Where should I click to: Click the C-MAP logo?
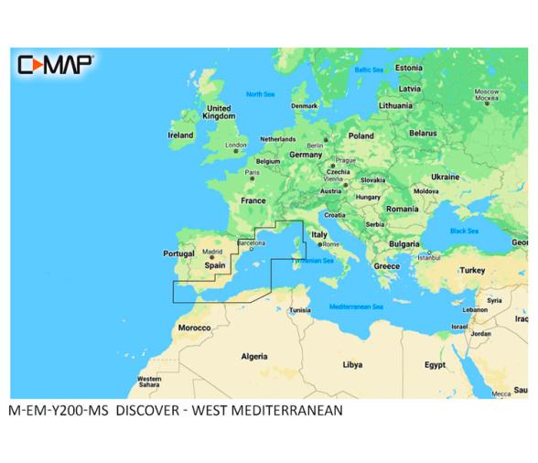pyautogui.click(x=55, y=64)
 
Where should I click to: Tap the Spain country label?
pyautogui.click(x=214, y=265)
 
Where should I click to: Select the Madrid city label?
pyautogui.click(x=211, y=251)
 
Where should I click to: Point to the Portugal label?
pyautogui.click(x=178, y=253)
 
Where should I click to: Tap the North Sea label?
pyautogui.click(x=261, y=94)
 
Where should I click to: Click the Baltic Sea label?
pyautogui.click(x=369, y=70)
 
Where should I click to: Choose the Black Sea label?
pyautogui.click(x=464, y=231)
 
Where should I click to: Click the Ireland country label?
pyautogui.click(x=180, y=135)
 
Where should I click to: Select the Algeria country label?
pyautogui.click(x=253, y=356)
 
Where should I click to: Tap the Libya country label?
pyautogui.click(x=352, y=364)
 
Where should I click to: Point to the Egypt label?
pyautogui.click(x=435, y=364)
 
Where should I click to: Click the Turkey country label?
pyautogui.click(x=472, y=270)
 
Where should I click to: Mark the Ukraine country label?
pyautogui.click(x=445, y=176)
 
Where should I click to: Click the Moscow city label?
pyautogui.click(x=486, y=92)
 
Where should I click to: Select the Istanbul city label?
pyautogui.click(x=429, y=257)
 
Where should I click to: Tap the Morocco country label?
pyautogui.click(x=194, y=328)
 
